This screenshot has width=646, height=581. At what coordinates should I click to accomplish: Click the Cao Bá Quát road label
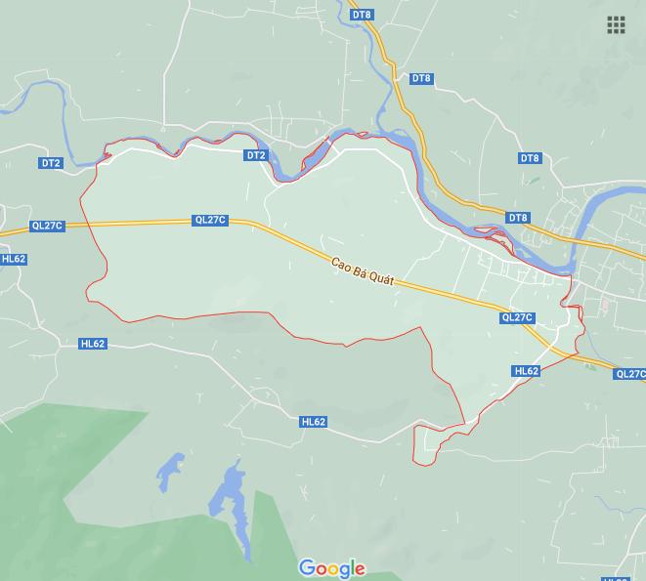[362, 272]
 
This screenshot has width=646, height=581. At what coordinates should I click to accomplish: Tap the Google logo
[332, 568]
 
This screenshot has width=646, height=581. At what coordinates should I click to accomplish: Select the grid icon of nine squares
[616, 25]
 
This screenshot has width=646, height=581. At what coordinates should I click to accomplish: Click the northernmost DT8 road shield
[362, 15]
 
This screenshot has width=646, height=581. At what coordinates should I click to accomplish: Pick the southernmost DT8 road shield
[518, 218]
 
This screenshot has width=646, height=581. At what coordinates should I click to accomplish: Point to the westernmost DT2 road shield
[51, 163]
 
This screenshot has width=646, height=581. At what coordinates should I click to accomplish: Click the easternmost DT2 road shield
[256, 155]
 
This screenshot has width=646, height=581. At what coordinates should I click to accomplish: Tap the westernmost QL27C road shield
[47, 226]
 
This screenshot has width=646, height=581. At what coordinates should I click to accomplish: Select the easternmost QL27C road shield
[630, 374]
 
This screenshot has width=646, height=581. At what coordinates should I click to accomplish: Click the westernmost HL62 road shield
[14, 259]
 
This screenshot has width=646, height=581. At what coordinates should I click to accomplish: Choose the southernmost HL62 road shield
[314, 422]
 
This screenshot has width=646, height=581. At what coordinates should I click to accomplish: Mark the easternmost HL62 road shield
[526, 371]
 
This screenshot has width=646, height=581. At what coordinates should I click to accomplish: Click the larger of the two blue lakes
[230, 493]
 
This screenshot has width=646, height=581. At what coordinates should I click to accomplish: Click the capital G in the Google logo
[308, 567]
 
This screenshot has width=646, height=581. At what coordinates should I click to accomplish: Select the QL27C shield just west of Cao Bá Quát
[210, 221]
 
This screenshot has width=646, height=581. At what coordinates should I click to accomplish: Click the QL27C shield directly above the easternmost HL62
[517, 317]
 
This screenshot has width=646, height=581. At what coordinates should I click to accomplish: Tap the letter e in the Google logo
[360, 569]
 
